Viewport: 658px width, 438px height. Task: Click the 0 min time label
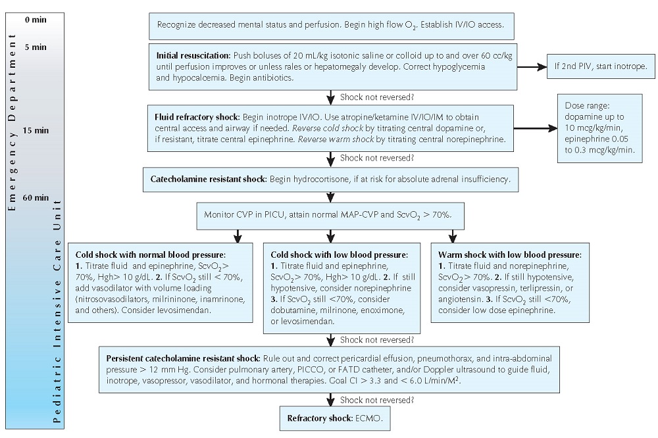tap(36, 20)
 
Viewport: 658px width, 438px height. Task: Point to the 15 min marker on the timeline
tap(36, 130)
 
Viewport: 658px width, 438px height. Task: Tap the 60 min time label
tap(36, 197)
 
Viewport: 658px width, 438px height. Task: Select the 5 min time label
tap(36, 47)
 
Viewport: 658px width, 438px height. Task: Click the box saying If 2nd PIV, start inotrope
tap(598, 66)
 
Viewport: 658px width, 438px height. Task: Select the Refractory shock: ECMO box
tap(328, 418)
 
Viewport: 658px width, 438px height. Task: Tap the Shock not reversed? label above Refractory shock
tap(376, 399)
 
